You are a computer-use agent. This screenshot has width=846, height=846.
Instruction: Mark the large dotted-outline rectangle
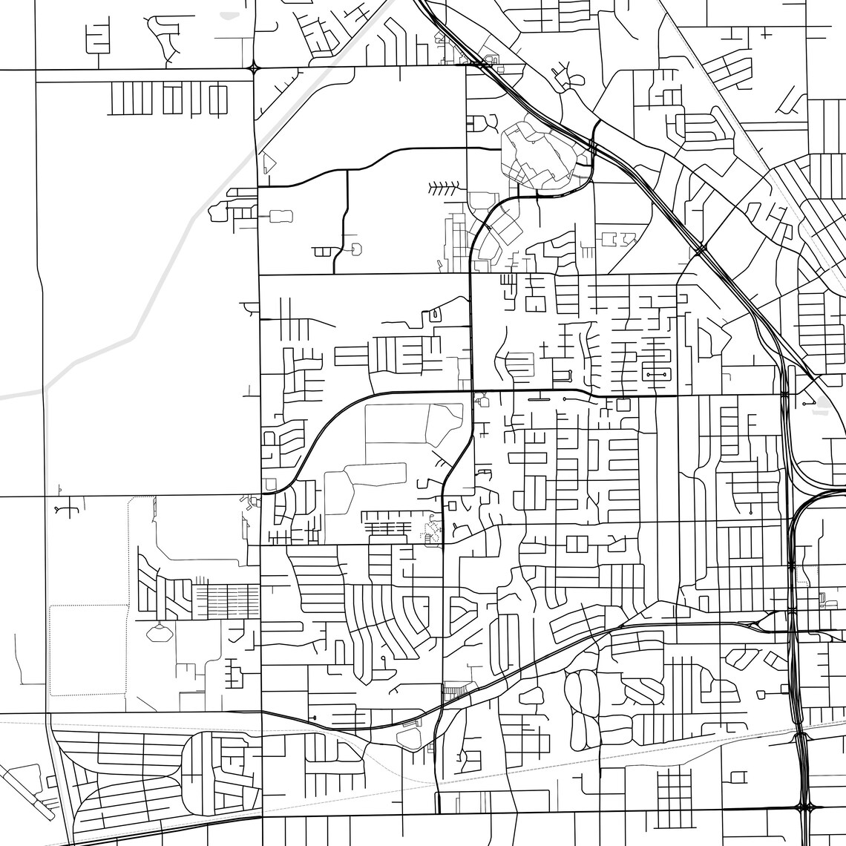point(88,649)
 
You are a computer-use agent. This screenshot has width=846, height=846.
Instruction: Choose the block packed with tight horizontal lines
point(226,600)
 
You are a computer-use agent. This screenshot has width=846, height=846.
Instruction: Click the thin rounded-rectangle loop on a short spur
point(281,216)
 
